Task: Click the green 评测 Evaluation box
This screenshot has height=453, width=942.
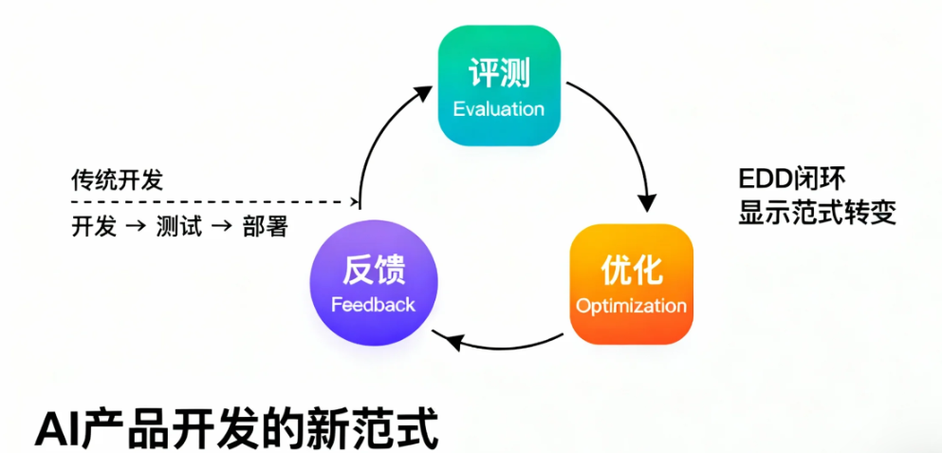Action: pos(498,86)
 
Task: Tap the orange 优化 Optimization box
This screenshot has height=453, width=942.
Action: pos(631,283)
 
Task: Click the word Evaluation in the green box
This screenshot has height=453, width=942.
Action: pos(498,108)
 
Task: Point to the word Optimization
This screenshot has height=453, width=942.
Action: pos(631,306)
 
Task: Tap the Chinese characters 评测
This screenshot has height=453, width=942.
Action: pos(498,73)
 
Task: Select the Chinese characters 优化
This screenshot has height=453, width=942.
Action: pos(631,271)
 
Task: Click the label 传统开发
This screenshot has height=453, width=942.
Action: pos(111,179)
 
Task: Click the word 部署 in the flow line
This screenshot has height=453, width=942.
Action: pos(264,228)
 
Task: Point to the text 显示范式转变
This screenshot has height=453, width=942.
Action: pos(817,213)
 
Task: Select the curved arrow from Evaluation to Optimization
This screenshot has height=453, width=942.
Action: pos(626,133)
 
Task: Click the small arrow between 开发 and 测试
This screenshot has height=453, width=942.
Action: pos(136,228)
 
